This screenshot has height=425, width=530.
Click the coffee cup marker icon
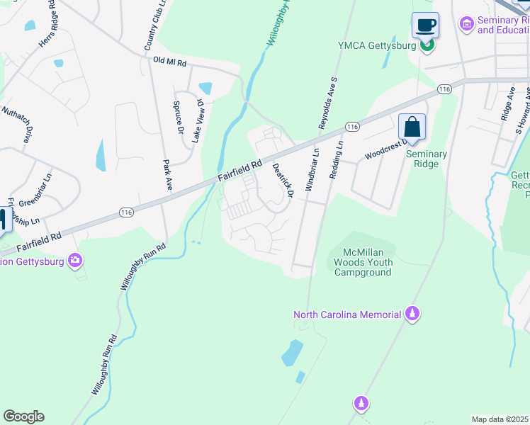pos(425,26)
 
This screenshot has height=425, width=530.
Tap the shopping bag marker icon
pos(412,128)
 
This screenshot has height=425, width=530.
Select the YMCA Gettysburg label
pos(378,47)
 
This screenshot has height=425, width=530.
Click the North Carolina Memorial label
pos(346,314)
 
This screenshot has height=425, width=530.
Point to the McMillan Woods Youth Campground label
pos(363,262)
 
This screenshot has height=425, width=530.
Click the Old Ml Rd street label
pos(169,62)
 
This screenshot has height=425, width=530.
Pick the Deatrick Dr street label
pos(283,180)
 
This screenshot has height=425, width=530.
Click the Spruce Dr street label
pos(179,118)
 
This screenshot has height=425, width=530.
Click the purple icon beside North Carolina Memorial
pos(412,314)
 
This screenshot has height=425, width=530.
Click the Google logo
pos(23,416)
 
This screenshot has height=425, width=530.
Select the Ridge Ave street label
pos(508,103)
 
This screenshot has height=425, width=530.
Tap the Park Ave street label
pos(169,174)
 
